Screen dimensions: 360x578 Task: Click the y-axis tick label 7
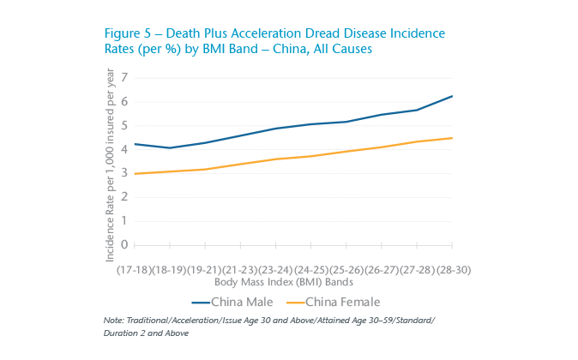pos(123,78)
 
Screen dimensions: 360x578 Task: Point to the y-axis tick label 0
pos(123,245)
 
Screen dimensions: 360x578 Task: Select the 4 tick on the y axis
pos(123,149)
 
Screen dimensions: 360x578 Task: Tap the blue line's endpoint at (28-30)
pos(452,96)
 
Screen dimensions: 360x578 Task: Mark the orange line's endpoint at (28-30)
pos(452,138)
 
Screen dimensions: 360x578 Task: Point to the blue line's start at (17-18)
pos(135,144)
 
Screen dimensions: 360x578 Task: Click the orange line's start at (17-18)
pos(135,174)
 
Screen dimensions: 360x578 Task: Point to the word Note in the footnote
pos(112,320)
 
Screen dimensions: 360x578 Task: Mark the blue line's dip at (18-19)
pos(171,147)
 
